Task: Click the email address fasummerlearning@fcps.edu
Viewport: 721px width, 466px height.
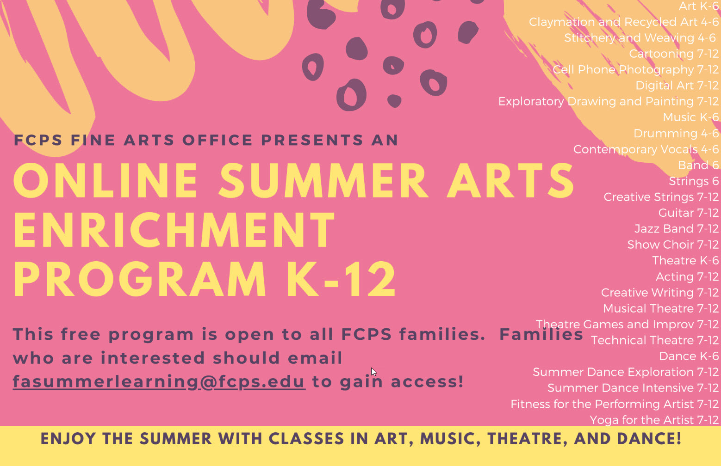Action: point(159,382)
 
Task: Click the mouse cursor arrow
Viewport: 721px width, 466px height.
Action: point(373,372)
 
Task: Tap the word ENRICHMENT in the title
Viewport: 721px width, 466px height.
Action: point(174,230)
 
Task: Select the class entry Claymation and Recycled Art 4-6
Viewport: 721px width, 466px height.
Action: point(623,22)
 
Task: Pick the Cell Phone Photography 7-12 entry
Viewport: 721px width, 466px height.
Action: point(635,70)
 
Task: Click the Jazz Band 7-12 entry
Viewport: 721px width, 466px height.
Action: point(676,229)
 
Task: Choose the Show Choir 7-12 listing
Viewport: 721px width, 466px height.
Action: point(672,245)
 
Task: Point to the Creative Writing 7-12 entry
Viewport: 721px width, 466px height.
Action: point(659,293)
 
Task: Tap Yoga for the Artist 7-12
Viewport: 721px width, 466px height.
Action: point(654,420)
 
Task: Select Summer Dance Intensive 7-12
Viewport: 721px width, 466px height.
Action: point(633,388)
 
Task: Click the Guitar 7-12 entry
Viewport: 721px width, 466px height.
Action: point(688,213)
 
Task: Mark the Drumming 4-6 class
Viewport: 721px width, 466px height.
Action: point(676,134)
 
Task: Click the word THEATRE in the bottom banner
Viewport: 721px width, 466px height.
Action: point(527,439)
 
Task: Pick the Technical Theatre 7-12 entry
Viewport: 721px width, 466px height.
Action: point(654,340)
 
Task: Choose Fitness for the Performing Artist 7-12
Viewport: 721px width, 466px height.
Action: point(614,404)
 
